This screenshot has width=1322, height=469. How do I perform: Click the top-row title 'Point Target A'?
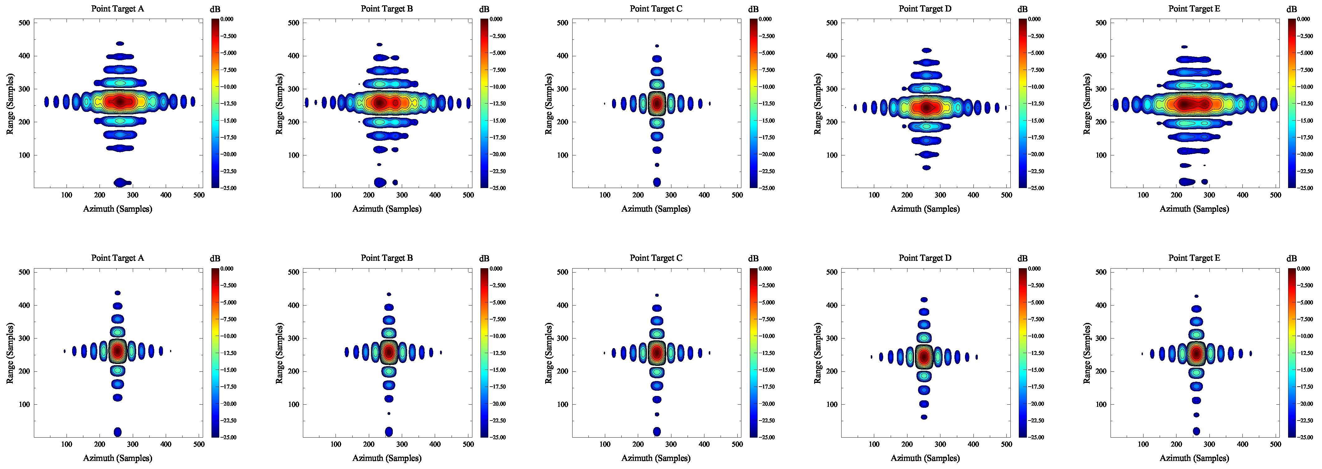(x=118, y=9)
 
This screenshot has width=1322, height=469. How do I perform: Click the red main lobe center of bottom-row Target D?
(x=924, y=356)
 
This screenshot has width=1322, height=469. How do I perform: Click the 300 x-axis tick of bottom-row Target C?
(x=671, y=444)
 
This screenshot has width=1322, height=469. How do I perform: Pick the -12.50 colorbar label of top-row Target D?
(x=1036, y=103)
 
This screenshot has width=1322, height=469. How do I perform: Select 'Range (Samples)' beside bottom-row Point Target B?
(x=280, y=353)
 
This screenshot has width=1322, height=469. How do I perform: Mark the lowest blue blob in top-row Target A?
(x=121, y=182)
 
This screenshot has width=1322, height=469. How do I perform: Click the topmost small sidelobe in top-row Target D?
(x=926, y=50)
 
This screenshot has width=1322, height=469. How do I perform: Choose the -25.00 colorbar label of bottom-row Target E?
(x=1306, y=438)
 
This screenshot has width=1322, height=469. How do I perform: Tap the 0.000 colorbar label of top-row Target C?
(x=765, y=19)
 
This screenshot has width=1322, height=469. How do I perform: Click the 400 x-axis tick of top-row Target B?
(x=435, y=195)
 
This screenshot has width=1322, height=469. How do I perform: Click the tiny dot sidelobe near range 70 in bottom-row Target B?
(x=389, y=414)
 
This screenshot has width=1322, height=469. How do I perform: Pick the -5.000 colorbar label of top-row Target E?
(x=1306, y=53)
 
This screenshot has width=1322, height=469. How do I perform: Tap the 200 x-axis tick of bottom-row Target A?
(x=100, y=444)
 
